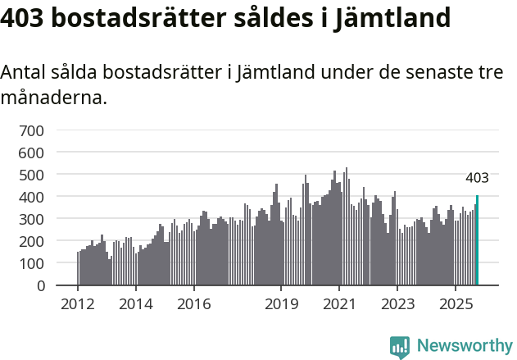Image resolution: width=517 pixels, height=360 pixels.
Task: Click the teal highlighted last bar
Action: (477, 241)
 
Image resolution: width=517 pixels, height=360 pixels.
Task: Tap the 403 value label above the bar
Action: (477, 178)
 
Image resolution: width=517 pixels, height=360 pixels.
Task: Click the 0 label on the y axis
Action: (40, 285)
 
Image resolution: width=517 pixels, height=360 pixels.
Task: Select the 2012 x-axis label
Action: (78, 304)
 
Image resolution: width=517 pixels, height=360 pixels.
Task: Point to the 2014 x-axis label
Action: (136, 304)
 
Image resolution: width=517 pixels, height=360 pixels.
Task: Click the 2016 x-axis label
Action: (193, 304)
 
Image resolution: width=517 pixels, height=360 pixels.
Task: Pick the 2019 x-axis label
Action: (281, 304)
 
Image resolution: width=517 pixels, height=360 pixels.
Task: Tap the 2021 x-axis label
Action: (338, 304)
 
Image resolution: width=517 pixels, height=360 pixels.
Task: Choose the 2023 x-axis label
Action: (397, 304)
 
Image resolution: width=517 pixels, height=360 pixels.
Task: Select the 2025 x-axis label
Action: (455, 304)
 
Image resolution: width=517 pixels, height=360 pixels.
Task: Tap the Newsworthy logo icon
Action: (400, 347)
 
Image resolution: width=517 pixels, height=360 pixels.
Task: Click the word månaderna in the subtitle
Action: (53, 99)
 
